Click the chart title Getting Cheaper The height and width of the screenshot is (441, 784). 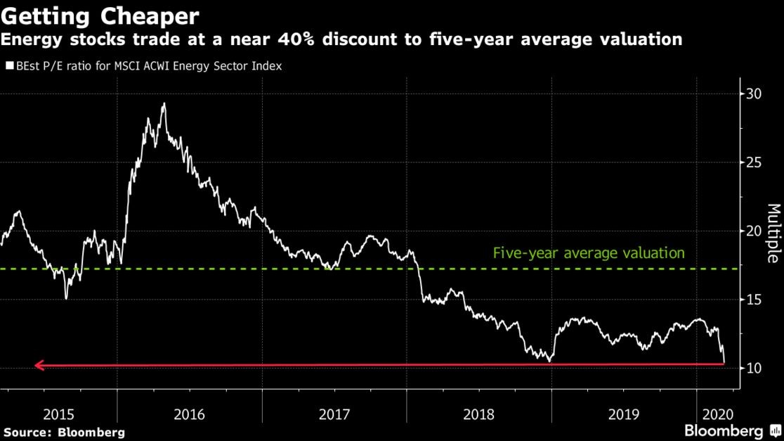[x=100, y=15]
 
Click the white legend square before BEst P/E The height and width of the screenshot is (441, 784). [x=10, y=67]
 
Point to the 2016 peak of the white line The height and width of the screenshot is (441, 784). [x=164, y=104]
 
